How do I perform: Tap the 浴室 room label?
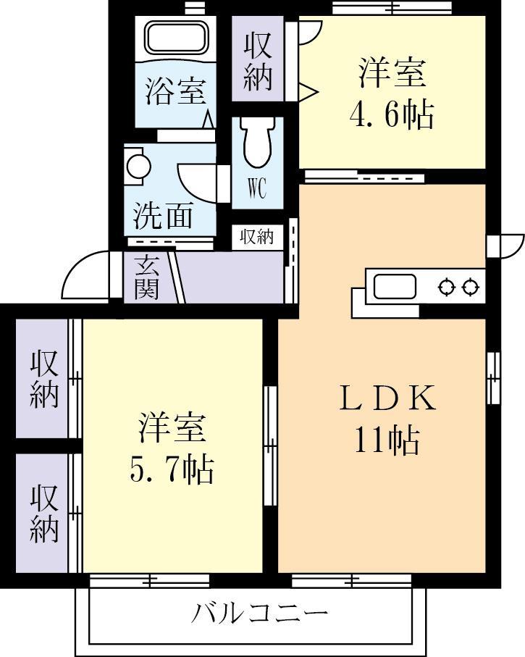[176, 92]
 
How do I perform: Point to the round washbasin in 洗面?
[138, 164]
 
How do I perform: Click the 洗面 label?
[163, 215]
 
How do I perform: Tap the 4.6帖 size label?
[392, 114]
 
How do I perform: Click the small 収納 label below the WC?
[256, 236]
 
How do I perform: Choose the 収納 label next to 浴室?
[258, 62]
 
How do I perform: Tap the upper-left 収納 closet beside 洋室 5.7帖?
[43, 379]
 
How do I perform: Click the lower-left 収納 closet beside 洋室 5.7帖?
[43, 513]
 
